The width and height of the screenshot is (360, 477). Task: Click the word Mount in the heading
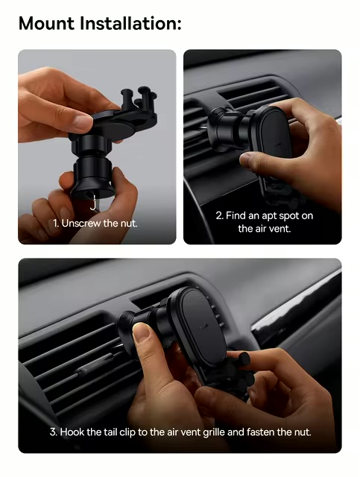[x=46, y=23]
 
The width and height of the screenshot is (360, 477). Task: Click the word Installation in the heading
[x=130, y=23]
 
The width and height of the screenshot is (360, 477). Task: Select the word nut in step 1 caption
[x=129, y=224]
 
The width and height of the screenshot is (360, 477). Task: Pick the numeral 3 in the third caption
[x=53, y=432]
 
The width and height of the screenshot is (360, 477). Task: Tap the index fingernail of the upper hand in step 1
[x=82, y=122]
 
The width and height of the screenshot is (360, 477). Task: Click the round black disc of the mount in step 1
[x=117, y=127]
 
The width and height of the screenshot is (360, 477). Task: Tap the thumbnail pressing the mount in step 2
[x=246, y=160]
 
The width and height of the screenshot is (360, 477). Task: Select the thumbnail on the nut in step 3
[x=142, y=332]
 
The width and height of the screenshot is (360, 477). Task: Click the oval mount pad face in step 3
[x=204, y=326]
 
